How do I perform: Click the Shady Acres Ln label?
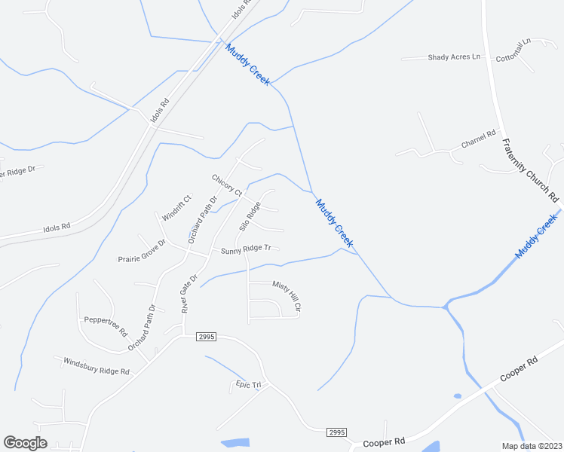point(453,56)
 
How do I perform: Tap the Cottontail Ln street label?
point(514,50)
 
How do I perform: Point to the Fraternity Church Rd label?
point(532,170)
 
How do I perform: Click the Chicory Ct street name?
point(226,185)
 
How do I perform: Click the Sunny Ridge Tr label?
point(245,249)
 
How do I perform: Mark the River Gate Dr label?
point(189,293)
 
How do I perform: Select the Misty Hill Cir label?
point(287,296)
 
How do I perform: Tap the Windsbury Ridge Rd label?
point(97,366)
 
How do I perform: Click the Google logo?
point(26,443)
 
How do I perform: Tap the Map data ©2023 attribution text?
point(532,446)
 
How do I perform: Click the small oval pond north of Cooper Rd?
point(458,395)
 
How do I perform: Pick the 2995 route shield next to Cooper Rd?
point(337,432)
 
